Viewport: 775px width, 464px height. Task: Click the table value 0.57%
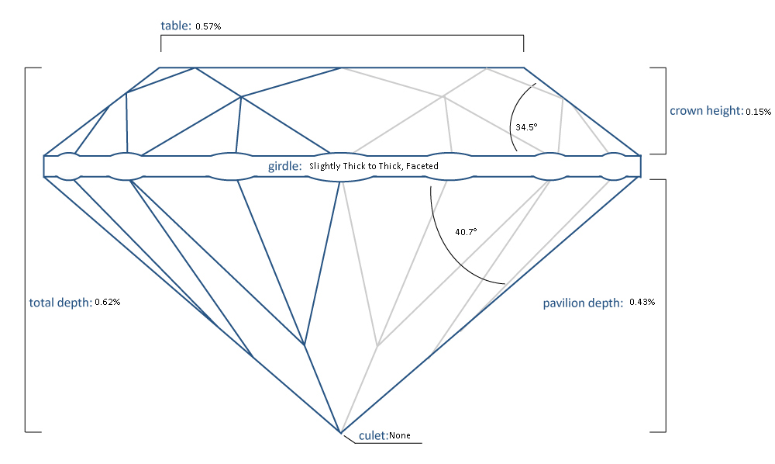[x=209, y=26]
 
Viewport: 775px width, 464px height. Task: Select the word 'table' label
[x=175, y=26]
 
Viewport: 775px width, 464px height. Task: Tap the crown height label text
[x=705, y=111]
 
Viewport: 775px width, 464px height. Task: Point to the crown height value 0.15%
[x=758, y=112]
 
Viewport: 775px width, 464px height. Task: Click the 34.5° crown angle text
[x=525, y=126]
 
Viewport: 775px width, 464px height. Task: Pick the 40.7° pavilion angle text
[x=465, y=231]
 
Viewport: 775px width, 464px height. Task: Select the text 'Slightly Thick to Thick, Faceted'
[x=374, y=166]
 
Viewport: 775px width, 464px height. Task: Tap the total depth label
[x=60, y=302]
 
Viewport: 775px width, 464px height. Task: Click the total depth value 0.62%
[x=107, y=302]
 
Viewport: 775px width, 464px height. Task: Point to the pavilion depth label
[x=583, y=303]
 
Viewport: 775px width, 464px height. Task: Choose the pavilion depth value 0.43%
[x=642, y=302]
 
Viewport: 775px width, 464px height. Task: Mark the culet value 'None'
[x=400, y=436]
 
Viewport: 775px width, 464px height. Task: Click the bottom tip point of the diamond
[x=339, y=432]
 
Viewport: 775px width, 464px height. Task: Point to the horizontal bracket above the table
[x=342, y=35]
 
